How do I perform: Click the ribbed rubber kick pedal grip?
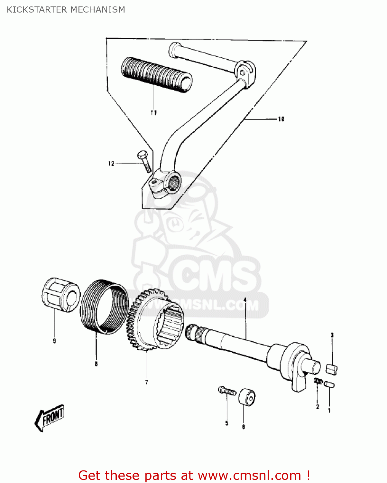[157, 75]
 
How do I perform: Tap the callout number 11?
[153, 113]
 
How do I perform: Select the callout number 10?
[281, 119]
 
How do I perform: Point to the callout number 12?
[111, 164]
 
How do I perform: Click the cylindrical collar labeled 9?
[61, 295]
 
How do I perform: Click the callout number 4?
[245, 300]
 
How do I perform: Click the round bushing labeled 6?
[247, 397]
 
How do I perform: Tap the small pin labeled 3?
[332, 369]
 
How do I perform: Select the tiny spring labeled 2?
[318, 381]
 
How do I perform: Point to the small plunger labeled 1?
[329, 384]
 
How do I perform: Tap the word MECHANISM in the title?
[97, 10]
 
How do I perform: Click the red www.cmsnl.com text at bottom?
[249, 475]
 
